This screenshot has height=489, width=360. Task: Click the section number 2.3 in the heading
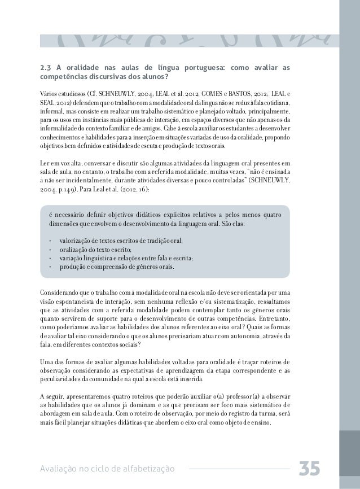click(45, 68)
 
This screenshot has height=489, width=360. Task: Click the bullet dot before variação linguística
click(51, 258)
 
